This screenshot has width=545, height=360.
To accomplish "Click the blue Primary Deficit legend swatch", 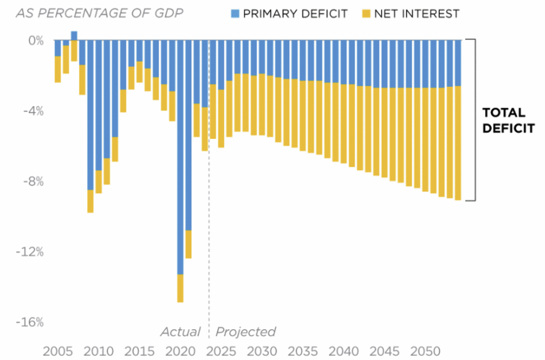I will (235, 13).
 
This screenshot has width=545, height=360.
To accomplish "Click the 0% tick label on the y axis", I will (36, 40).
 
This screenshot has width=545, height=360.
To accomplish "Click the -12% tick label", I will (31, 251).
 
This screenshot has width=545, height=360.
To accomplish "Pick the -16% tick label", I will (31, 322).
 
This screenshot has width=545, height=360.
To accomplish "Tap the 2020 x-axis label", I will (180, 351).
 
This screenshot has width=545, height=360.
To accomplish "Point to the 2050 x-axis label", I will (427, 351).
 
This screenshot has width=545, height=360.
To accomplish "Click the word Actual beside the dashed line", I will (180, 332).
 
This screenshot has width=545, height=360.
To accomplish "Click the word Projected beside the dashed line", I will (245, 332).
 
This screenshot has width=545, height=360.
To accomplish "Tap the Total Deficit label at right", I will (507, 120).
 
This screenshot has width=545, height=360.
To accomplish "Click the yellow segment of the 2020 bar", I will (180, 288).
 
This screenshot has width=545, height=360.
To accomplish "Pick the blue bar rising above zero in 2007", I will (74, 36).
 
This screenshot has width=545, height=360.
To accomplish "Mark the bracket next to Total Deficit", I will (472, 120).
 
